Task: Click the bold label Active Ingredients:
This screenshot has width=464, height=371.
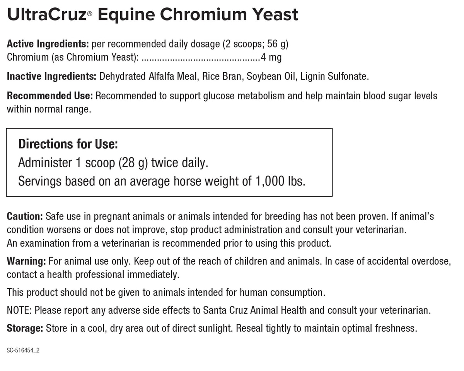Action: point(48,44)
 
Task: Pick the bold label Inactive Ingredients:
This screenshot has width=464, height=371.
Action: point(51,76)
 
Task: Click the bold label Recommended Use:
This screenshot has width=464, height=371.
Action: point(50,95)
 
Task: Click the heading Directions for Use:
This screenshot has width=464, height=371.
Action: point(68,144)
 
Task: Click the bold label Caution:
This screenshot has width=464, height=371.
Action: point(25,216)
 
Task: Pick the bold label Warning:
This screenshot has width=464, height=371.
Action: point(26,261)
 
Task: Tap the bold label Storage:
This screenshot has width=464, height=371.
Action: point(25,328)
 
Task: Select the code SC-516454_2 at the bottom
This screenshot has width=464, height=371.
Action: point(23,351)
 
